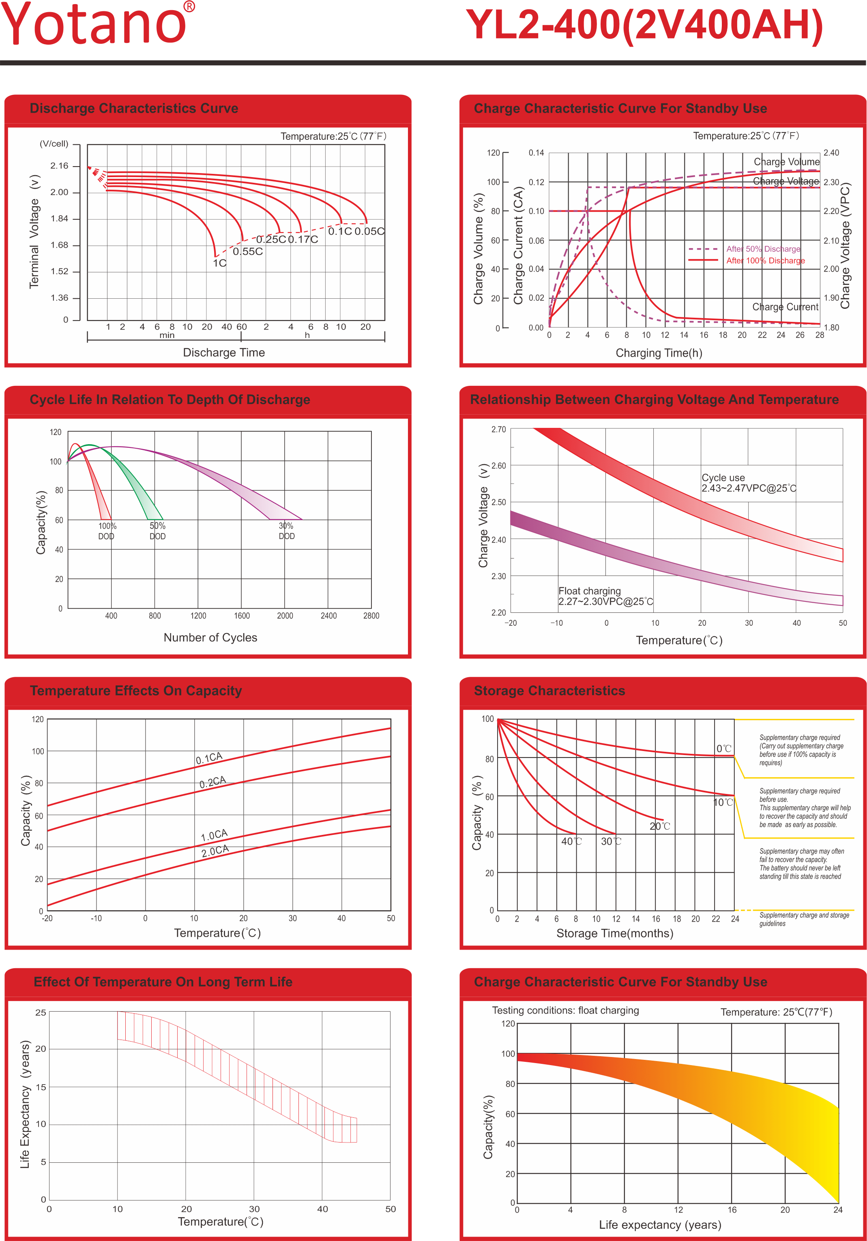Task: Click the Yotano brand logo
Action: [97, 24]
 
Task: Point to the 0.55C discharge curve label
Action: [248, 252]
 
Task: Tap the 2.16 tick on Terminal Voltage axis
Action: [60, 166]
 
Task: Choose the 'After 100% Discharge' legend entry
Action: [765, 261]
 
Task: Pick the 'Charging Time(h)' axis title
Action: [659, 353]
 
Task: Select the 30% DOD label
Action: [286, 531]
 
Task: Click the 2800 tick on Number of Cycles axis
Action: [371, 616]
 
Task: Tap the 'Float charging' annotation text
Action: [590, 591]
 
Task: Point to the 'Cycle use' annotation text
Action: [723, 478]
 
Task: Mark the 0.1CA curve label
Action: [209, 758]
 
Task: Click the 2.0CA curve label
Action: [215, 851]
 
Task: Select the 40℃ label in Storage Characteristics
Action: [571, 841]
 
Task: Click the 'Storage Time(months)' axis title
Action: [614, 933]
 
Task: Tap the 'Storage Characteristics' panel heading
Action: [549, 691]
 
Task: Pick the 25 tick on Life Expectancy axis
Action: [41, 1012]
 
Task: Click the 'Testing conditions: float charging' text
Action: [565, 1010]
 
